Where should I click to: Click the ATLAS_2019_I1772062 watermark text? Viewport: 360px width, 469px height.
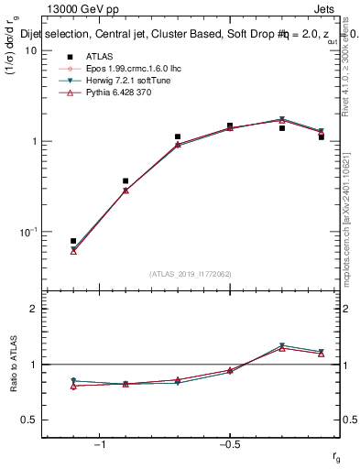click(191, 274)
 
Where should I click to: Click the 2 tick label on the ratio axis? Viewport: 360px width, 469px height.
click(34, 309)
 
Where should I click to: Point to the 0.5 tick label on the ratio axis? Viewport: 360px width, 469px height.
click(29, 420)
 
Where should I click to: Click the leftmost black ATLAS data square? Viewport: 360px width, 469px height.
click(73, 241)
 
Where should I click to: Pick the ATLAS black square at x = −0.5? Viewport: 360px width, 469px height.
click(230, 125)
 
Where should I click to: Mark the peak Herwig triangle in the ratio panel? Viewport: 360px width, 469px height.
click(282, 345)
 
